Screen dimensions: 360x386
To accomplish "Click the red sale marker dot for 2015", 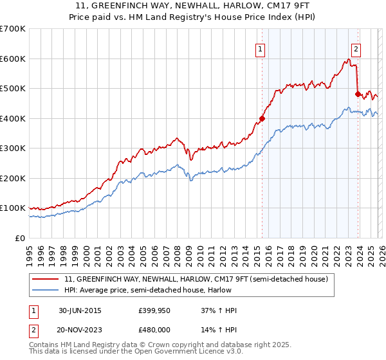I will click(x=262, y=118).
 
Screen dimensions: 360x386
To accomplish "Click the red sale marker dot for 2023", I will click(x=358, y=94).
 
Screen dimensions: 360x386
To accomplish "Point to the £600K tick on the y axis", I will click(x=13, y=59).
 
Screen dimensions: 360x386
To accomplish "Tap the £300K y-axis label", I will click(x=13, y=148).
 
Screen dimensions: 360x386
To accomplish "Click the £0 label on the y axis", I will click(x=19, y=239).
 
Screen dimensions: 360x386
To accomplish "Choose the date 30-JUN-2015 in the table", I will click(x=79, y=310).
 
